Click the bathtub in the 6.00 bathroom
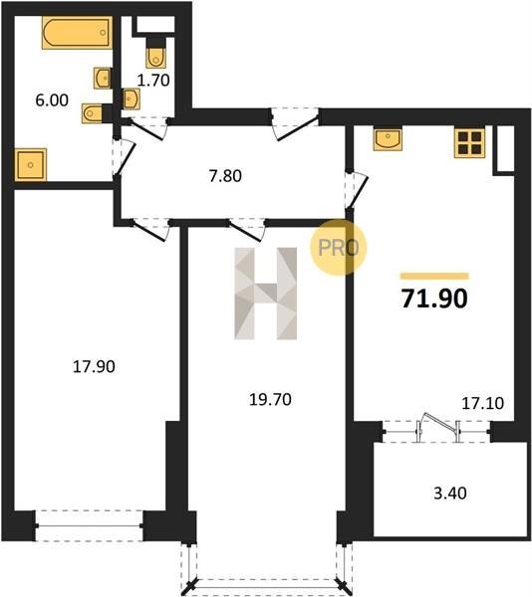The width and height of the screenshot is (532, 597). [x=77, y=33]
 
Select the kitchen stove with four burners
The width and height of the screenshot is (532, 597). [x=470, y=142]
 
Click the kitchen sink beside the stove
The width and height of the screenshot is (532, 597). [x=388, y=139]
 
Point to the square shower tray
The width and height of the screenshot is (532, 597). [x=31, y=164]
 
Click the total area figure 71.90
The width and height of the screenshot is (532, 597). [x=434, y=298]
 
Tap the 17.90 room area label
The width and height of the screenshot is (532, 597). [x=94, y=366]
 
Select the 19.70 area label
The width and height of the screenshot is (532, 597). [x=270, y=400]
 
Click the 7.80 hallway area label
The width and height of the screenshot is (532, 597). [x=225, y=176]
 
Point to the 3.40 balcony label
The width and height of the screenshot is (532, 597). [x=450, y=494]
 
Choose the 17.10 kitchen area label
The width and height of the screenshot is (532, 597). [x=483, y=403]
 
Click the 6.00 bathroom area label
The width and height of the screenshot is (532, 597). [x=52, y=100]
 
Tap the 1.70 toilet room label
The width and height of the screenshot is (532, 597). [x=153, y=81]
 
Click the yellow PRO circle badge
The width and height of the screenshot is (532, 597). [x=338, y=247]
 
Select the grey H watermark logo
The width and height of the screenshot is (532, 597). [x=266, y=294]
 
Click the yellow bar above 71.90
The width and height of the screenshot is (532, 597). [x=434, y=276]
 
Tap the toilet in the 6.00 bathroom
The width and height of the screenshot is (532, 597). [x=93, y=113]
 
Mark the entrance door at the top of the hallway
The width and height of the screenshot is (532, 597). [x=295, y=123]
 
